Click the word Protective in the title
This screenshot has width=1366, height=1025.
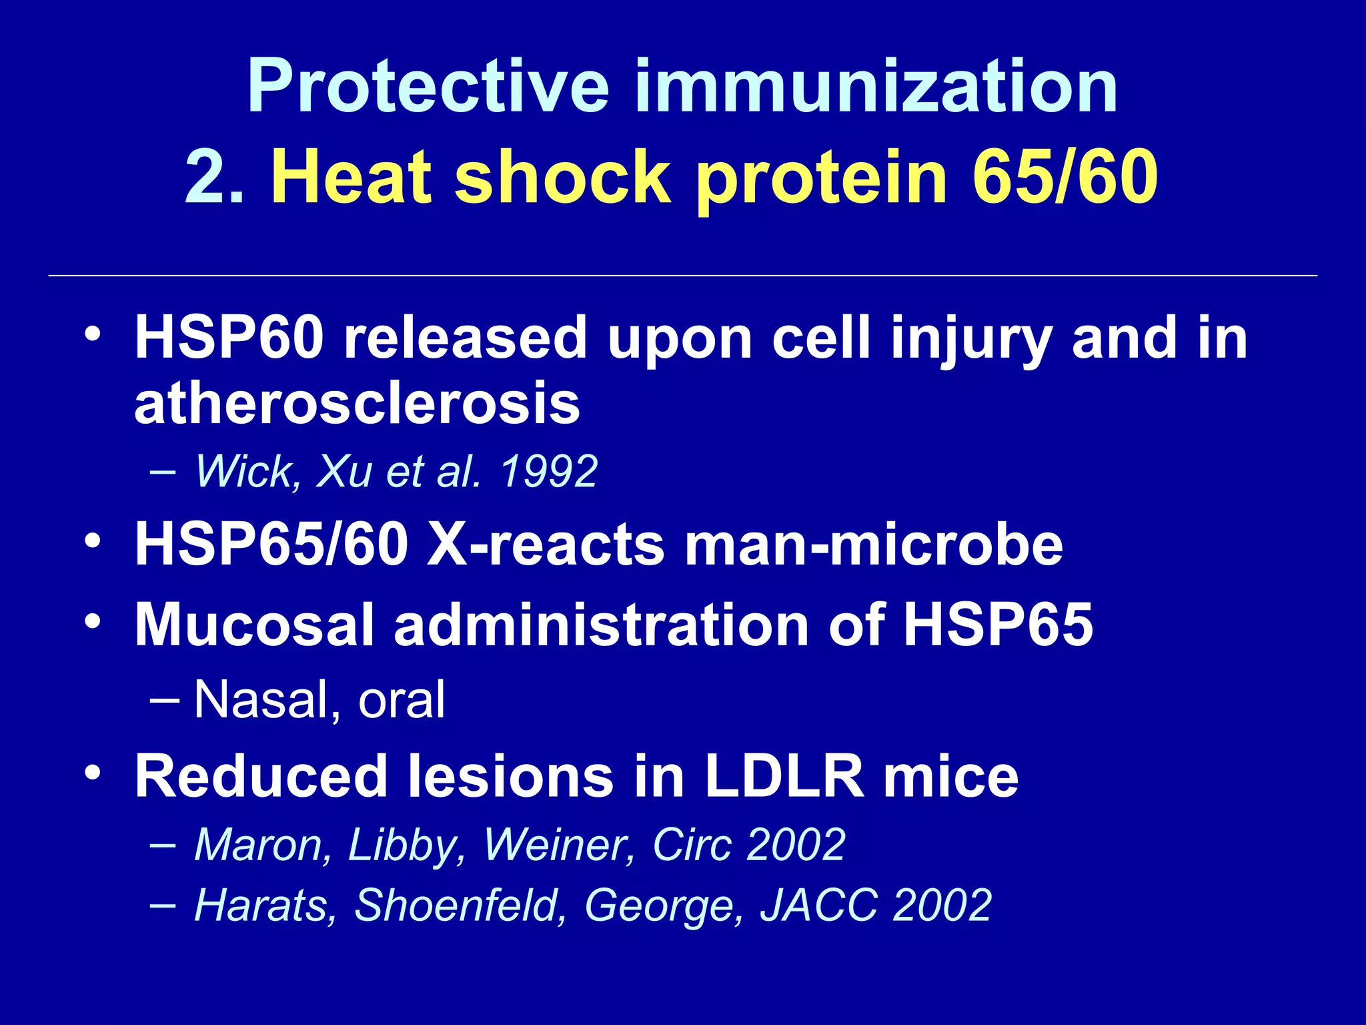428,87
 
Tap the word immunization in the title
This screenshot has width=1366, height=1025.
876,86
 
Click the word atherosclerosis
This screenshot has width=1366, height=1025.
357,404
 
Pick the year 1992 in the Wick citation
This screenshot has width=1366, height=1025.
548,472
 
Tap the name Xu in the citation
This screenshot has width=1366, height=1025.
344,472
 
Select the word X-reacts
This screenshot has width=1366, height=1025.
546,545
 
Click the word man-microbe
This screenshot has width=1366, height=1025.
874,545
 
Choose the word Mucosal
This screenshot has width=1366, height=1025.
254,625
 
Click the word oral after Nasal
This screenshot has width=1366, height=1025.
402,700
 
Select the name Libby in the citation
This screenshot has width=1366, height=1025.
406,845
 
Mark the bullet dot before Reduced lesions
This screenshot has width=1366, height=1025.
93,773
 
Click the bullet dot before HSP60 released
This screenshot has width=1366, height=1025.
93,333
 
